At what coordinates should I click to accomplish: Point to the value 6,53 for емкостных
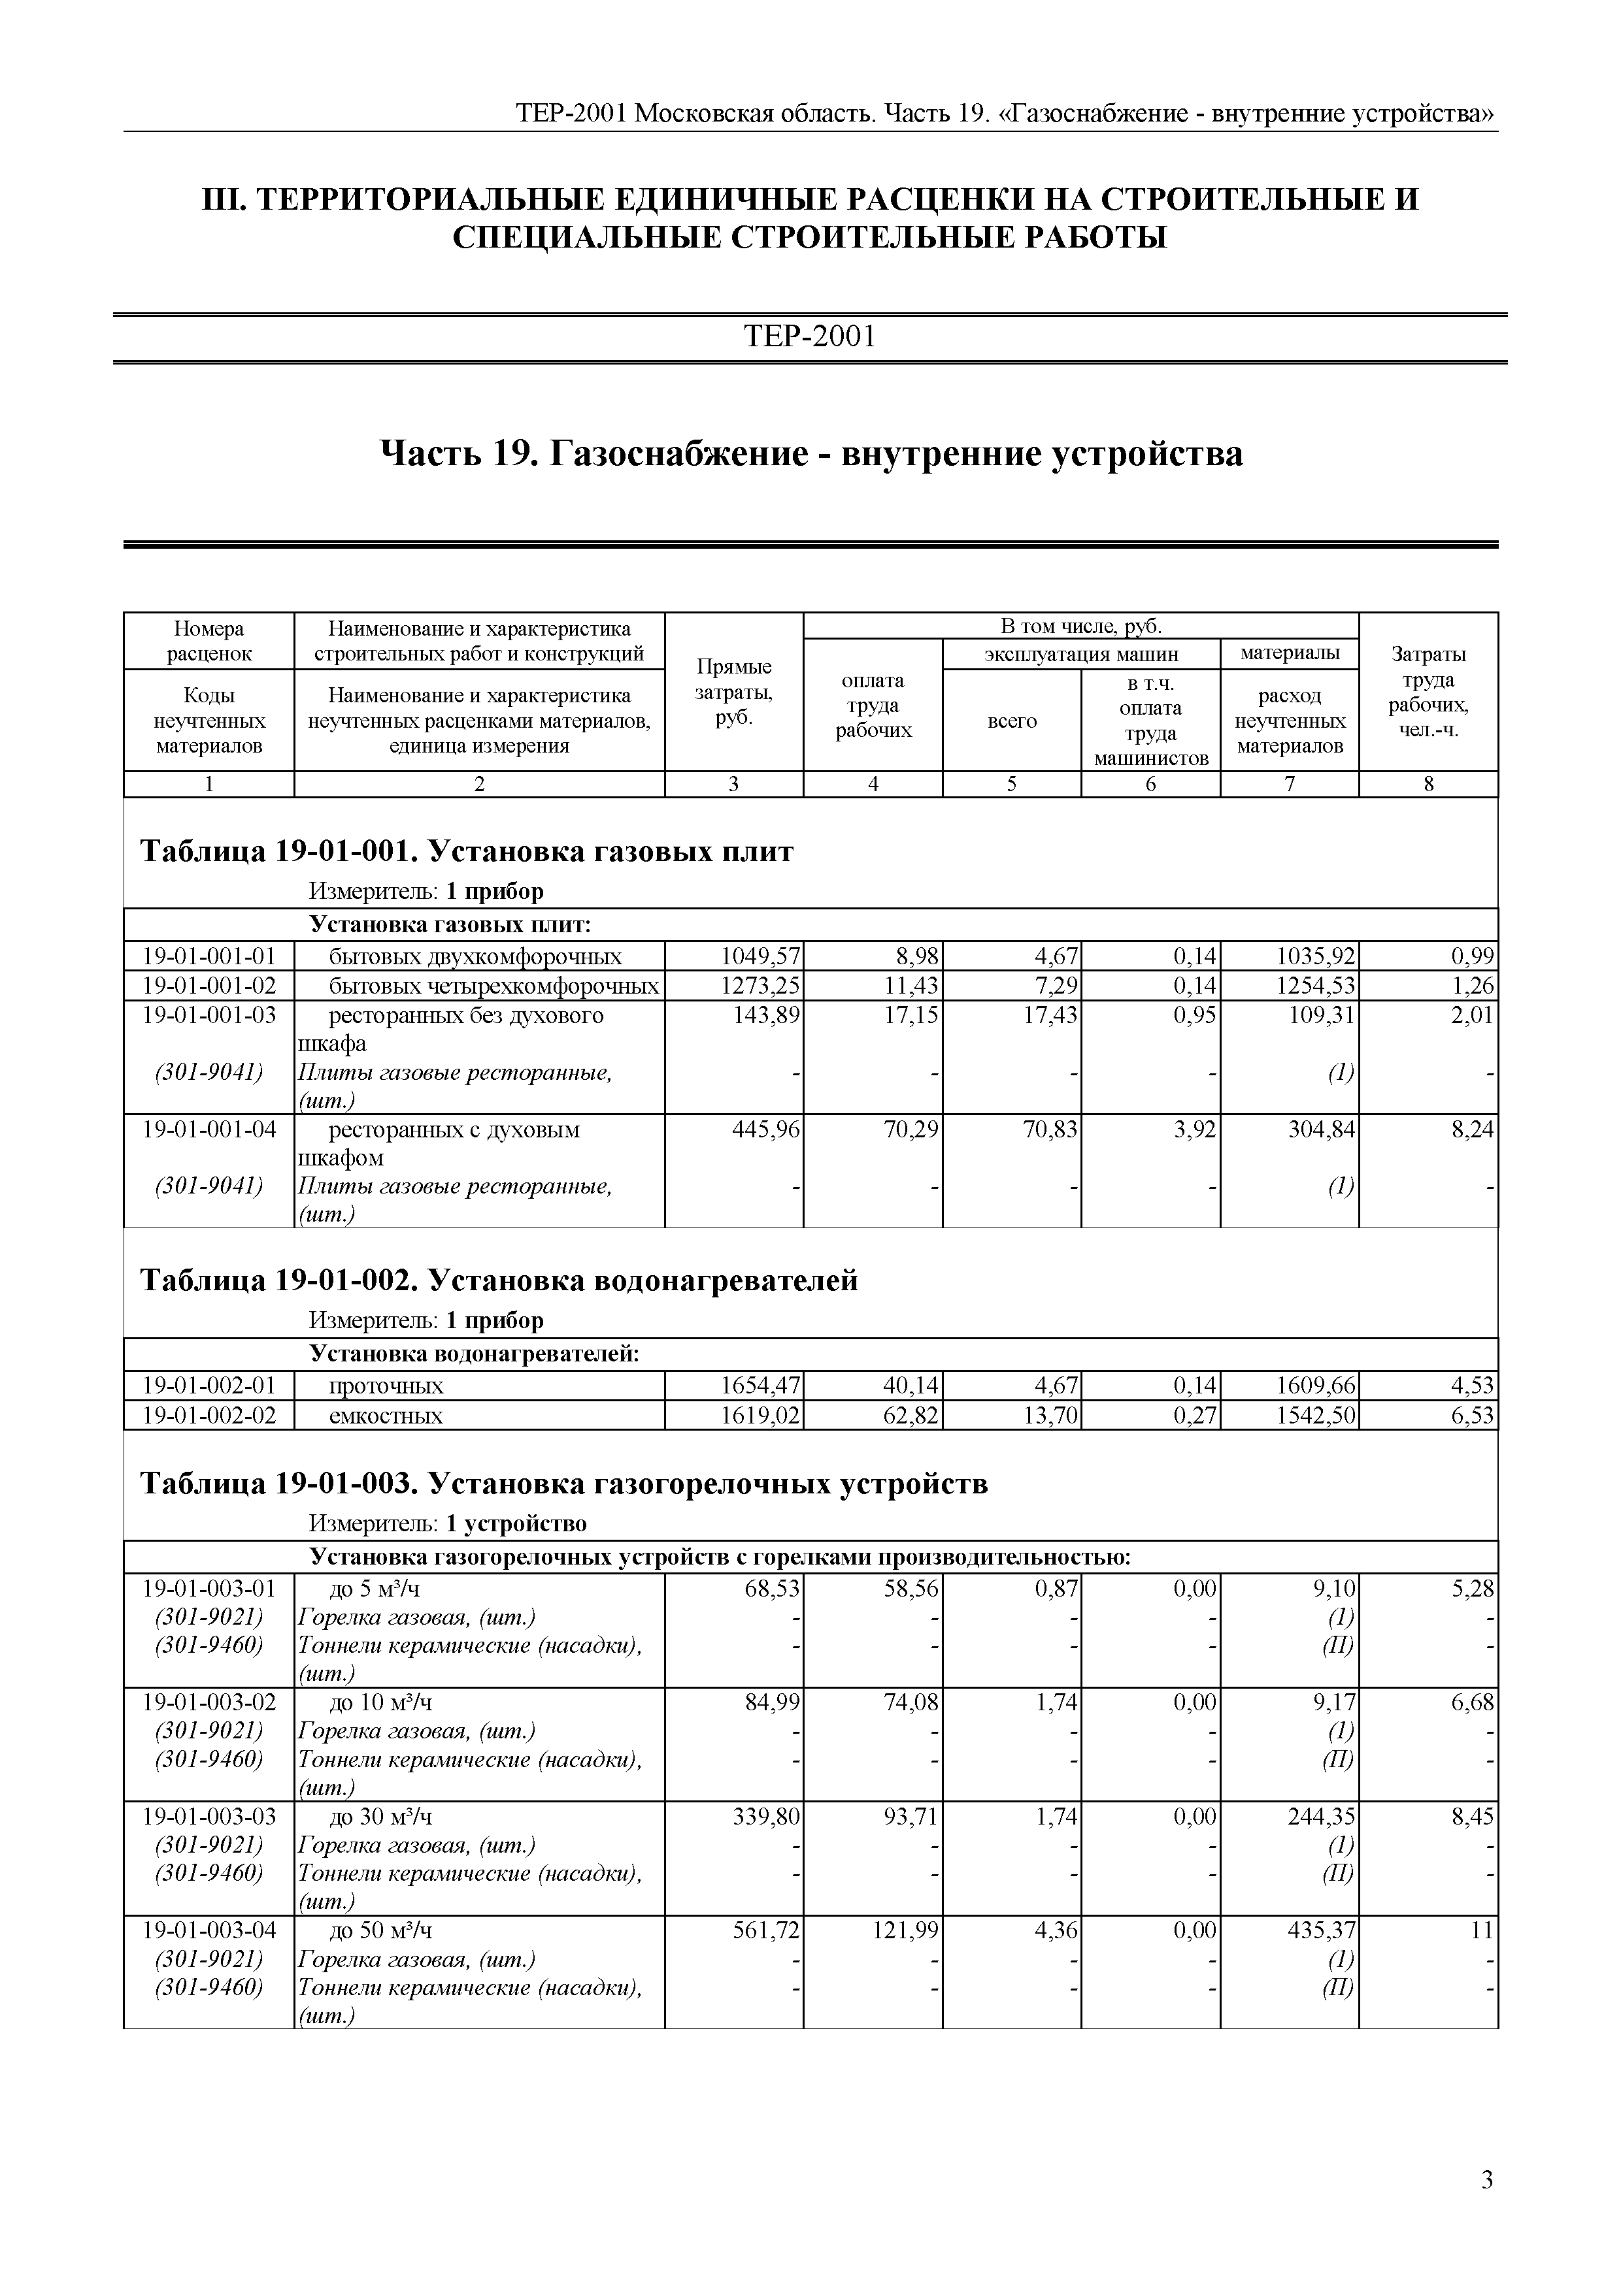point(1472,1415)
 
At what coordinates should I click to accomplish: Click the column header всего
point(1011,721)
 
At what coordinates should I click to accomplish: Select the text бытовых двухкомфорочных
point(475,957)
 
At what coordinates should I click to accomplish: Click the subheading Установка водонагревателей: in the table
point(473,1354)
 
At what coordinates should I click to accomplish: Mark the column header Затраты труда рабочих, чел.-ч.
point(1428,692)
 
